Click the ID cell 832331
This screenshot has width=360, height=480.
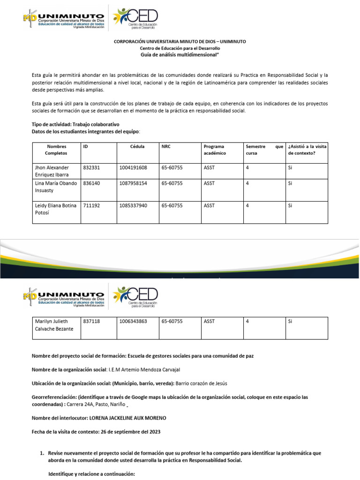coord(91,167)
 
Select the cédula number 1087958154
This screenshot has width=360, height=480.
coord(133,183)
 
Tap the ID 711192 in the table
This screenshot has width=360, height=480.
coord(91,205)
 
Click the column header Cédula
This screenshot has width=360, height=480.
coord(137,147)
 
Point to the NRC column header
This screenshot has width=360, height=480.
coord(166,147)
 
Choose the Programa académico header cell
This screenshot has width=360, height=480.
coord(214,150)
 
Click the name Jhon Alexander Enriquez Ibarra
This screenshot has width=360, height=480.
coord(52,171)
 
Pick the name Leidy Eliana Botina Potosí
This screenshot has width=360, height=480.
coord(55,209)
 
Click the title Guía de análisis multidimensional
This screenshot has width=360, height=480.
coord(180,55)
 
